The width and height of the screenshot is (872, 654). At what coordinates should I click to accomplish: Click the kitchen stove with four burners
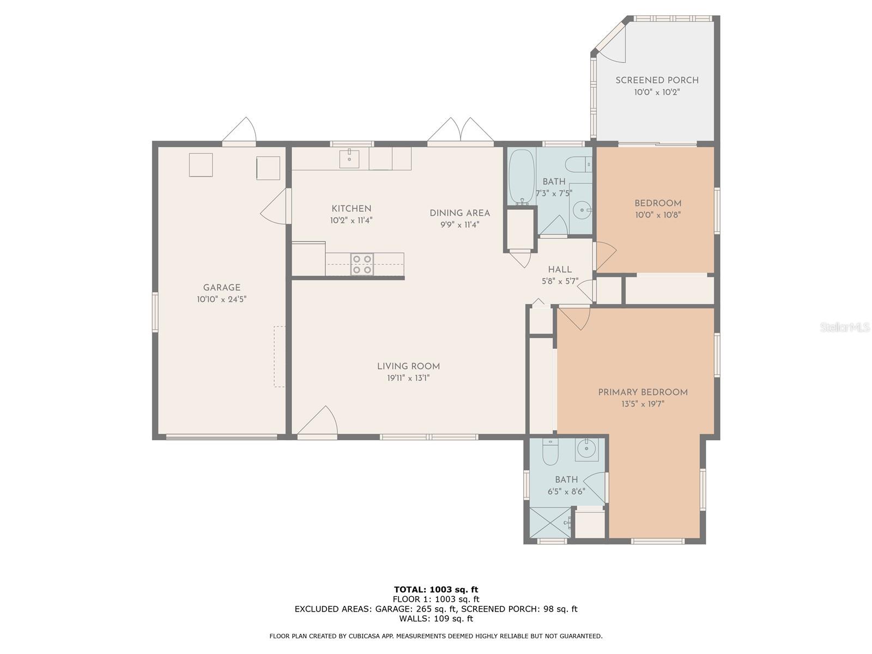[x=361, y=264]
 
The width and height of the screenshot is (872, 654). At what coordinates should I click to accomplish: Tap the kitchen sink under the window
[x=349, y=159]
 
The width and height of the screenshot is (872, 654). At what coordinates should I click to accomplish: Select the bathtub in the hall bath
[x=521, y=177]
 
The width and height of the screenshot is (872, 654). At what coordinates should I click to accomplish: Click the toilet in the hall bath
[x=579, y=163]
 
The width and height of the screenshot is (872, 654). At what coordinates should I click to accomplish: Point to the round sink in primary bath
[x=586, y=449]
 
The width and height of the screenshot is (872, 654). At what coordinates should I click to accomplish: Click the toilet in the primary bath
[x=550, y=451]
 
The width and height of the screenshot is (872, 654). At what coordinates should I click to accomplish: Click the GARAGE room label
[x=222, y=288]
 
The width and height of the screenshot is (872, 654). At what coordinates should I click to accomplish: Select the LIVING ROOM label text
[x=408, y=366]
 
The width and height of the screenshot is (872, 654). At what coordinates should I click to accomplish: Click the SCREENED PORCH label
[x=657, y=80]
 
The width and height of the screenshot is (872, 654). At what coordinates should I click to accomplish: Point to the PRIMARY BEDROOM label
[x=643, y=392]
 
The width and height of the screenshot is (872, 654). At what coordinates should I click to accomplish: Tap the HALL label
[x=560, y=269]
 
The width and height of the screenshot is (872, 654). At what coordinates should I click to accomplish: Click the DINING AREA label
[x=459, y=213]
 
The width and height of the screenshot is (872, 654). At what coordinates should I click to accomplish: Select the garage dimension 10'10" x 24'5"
[x=222, y=299]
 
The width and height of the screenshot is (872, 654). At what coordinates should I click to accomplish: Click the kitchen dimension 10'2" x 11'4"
[x=351, y=220]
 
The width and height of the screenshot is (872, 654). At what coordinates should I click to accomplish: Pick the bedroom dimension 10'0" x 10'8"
[x=658, y=215]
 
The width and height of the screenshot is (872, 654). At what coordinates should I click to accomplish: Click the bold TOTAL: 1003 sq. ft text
[x=436, y=589]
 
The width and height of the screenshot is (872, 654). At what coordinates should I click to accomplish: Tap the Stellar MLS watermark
[x=845, y=327]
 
